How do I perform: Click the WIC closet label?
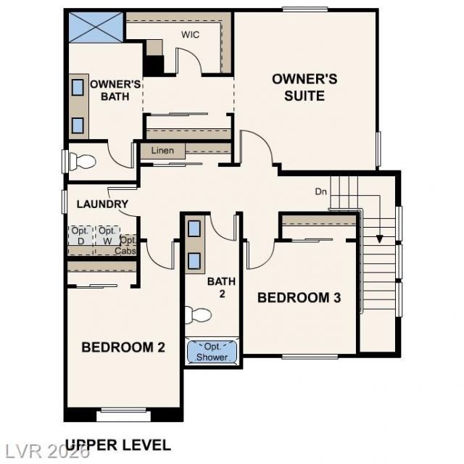[x=190, y=35]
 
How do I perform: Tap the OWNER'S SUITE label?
[x=304, y=88]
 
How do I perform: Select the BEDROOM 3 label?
[x=299, y=298]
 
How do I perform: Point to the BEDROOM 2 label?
[x=123, y=347]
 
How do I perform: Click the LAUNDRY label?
[x=102, y=204]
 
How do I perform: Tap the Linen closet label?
[x=162, y=151]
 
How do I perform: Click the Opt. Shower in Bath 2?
[x=212, y=352]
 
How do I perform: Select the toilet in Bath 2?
[x=198, y=315]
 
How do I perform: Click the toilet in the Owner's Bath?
[x=82, y=162]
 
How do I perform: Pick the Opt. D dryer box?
[x=80, y=236]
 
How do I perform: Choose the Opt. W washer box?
[x=107, y=236]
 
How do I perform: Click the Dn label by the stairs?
[x=320, y=191]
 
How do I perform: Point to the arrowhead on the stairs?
[x=380, y=239]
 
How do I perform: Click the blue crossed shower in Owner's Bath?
[x=96, y=28]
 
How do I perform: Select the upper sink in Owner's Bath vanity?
[x=78, y=87]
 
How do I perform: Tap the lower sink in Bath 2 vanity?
[x=194, y=261]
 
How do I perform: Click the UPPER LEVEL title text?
[x=117, y=445]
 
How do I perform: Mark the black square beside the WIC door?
[x=153, y=65]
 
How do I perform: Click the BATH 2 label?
[x=222, y=287]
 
